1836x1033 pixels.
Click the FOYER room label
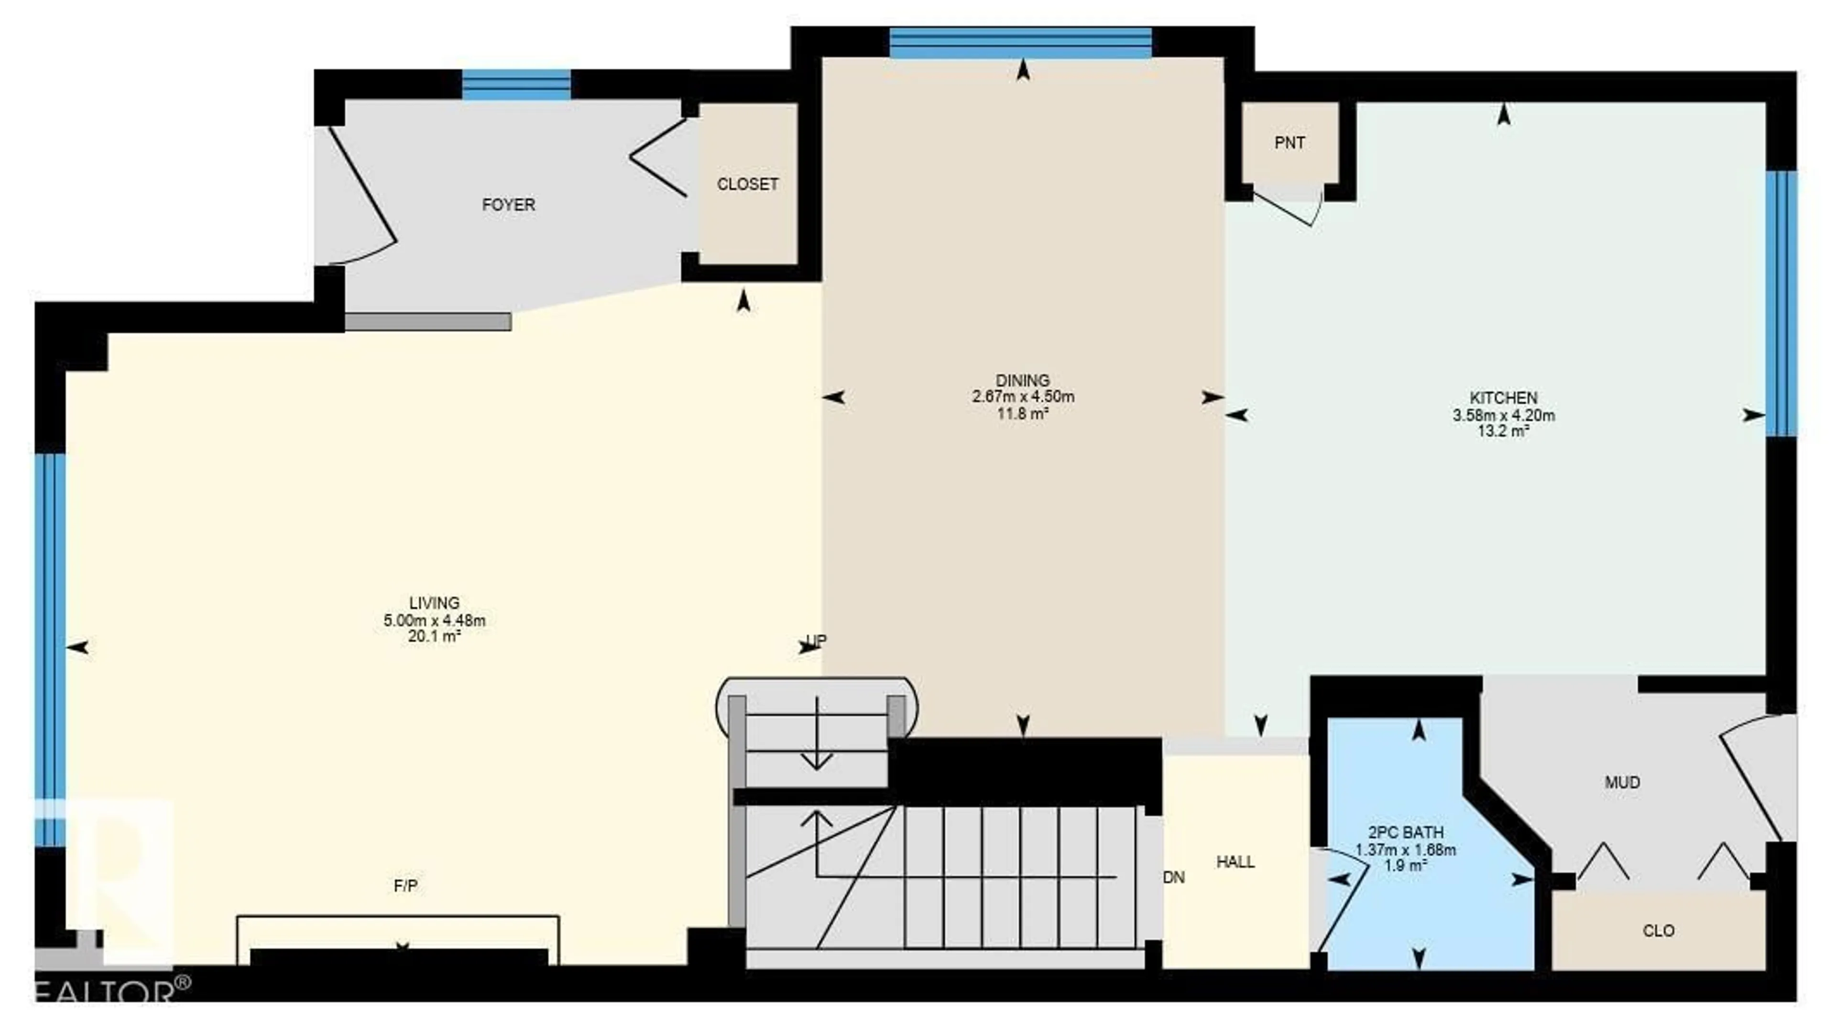(508, 205)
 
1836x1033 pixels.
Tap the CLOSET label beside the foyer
(747, 184)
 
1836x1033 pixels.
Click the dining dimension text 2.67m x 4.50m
(1023, 397)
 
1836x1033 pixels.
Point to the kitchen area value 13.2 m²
(1503, 431)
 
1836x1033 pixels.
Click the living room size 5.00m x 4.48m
(434, 621)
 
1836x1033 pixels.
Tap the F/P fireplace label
(405, 885)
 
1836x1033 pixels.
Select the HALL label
(1235, 862)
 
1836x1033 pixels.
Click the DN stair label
(1173, 878)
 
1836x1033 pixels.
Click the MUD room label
(1622, 782)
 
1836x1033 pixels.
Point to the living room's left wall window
(50, 649)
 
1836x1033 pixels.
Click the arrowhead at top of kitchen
(1503, 114)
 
